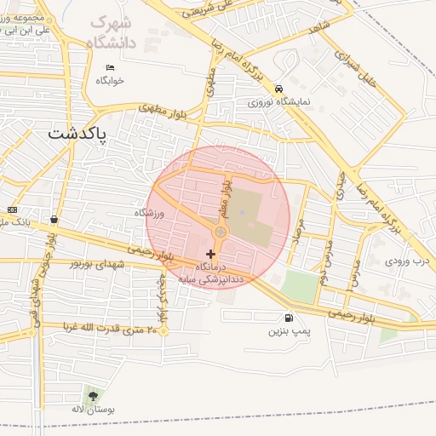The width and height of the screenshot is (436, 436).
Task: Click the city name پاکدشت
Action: click(x=77, y=135)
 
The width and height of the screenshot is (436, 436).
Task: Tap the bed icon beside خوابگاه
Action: click(x=110, y=68)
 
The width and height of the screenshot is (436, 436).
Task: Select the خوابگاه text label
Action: click(x=110, y=81)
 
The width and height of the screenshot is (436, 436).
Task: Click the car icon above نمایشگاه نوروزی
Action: click(x=278, y=89)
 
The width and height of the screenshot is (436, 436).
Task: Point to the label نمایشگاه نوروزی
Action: click(x=279, y=101)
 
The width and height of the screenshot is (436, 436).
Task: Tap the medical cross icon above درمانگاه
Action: click(x=210, y=254)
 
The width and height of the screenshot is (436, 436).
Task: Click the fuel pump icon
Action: click(x=290, y=318)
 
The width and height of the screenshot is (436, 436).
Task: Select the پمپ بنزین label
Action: click(x=286, y=330)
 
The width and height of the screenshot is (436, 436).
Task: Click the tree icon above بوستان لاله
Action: click(x=92, y=395)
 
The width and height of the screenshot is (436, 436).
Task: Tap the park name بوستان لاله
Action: click(x=89, y=410)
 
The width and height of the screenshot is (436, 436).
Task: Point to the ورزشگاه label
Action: click(x=148, y=212)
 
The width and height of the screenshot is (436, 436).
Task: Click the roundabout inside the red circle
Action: click(x=221, y=232)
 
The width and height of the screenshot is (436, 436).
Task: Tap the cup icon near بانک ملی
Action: click(x=54, y=219)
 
